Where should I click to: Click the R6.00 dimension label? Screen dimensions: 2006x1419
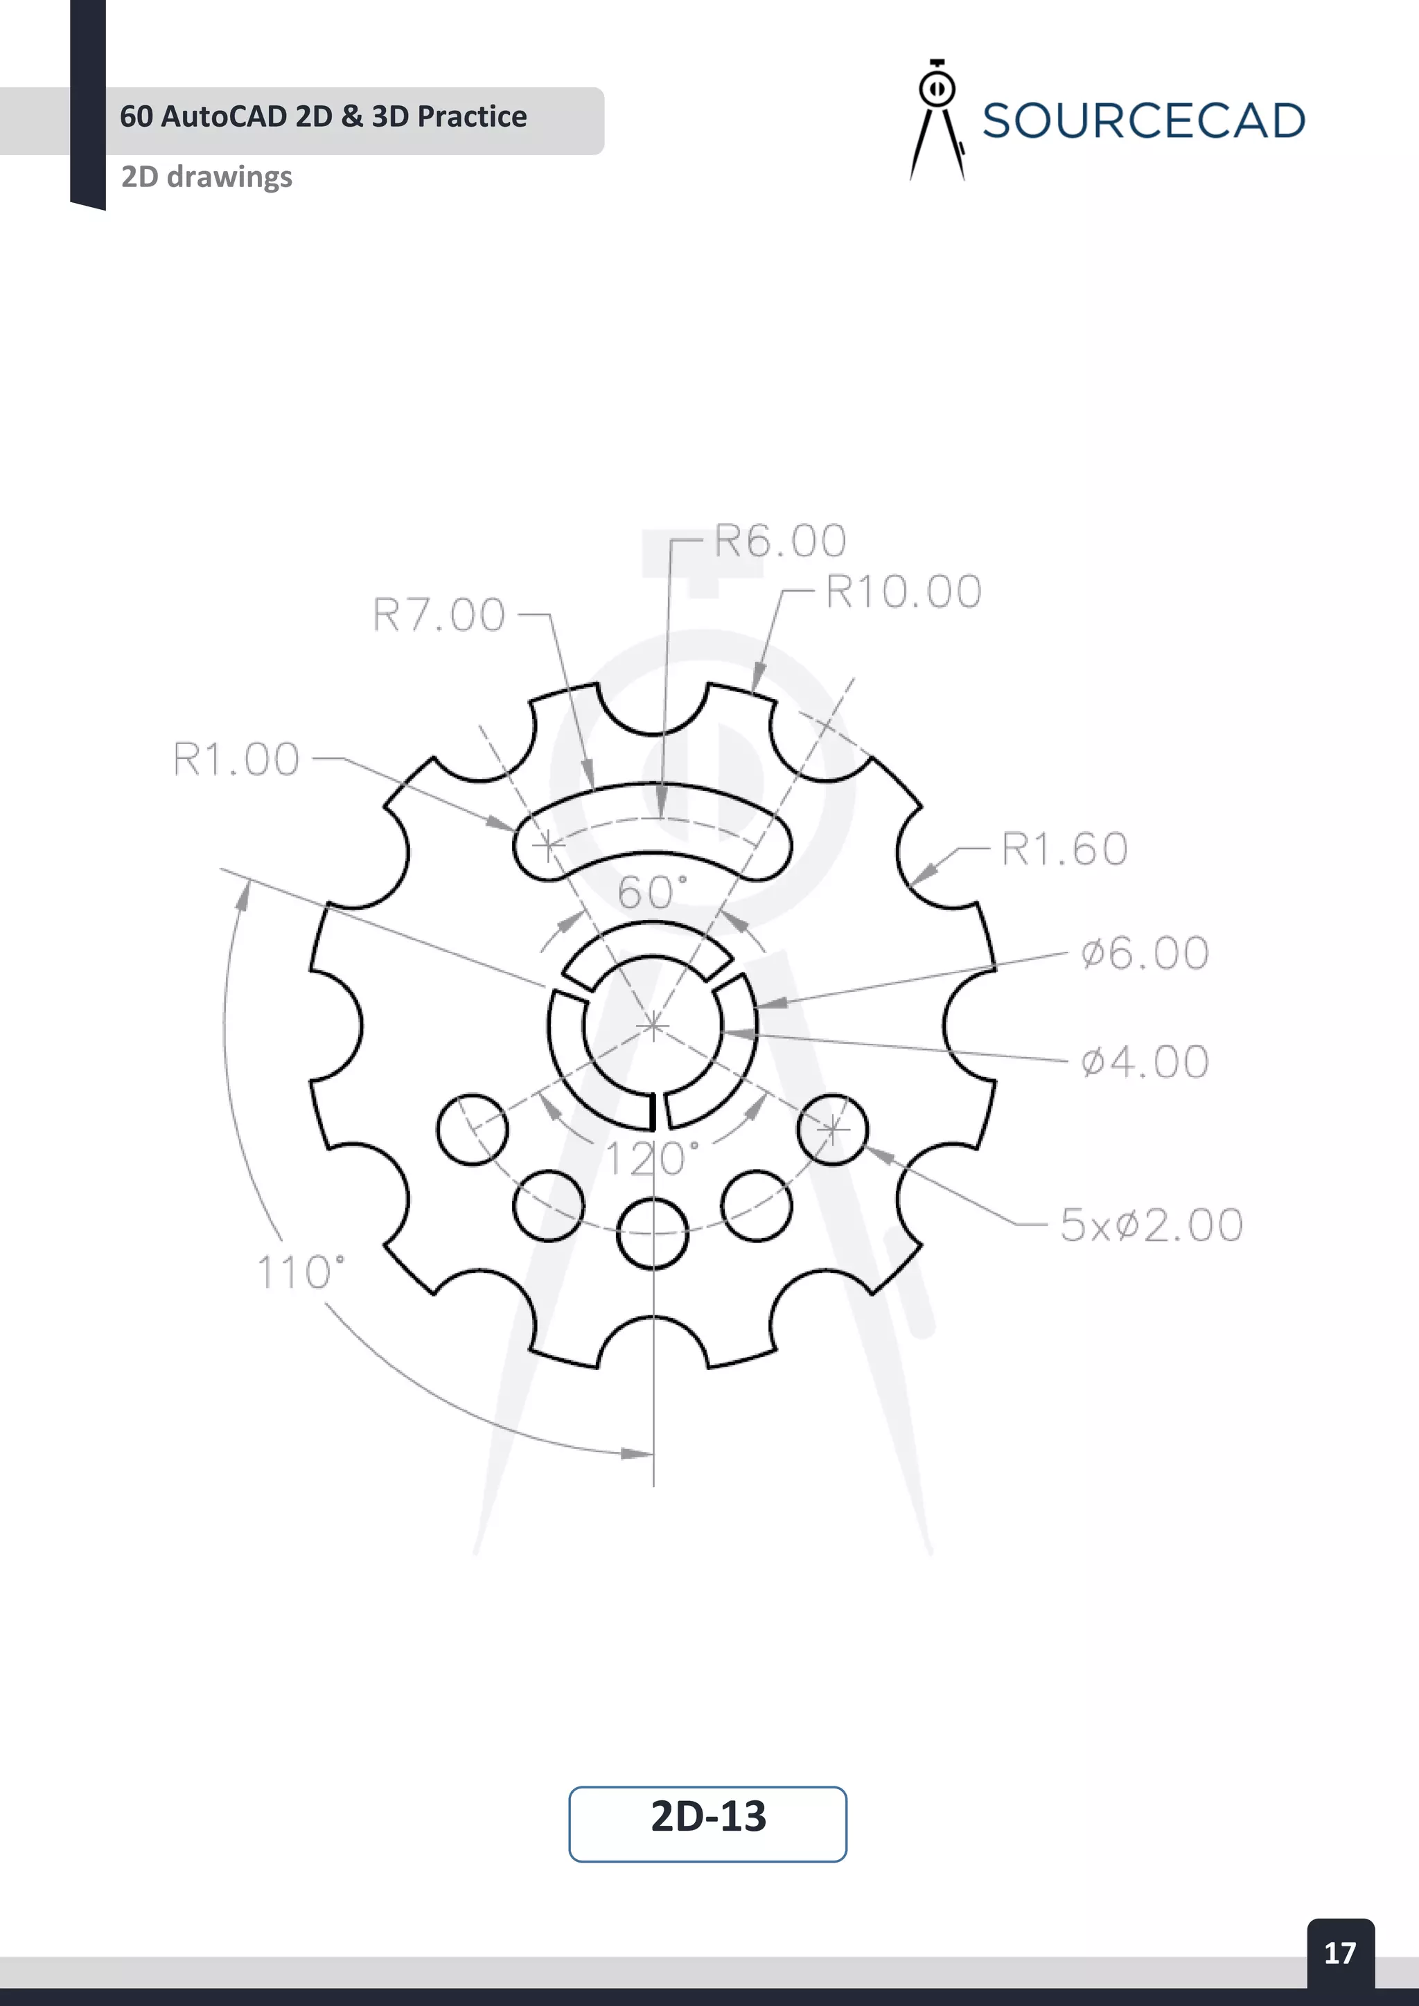pyautogui.click(x=779, y=541)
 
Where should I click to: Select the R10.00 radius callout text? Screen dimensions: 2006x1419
pyautogui.click(x=903, y=592)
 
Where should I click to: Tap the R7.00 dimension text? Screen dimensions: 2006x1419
pyautogui.click(x=439, y=614)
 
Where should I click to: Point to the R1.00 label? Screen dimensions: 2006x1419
pyautogui.click(x=236, y=759)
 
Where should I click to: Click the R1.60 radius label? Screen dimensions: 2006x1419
pyautogui.click(x=1064, y=849)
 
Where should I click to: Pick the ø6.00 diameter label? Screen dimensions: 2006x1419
pyautogui.click(x=1144, y=953)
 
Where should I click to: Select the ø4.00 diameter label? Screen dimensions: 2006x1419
pyautogui.click(x=1144, y=1063)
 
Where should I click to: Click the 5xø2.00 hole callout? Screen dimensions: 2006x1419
pyautogui.click(x=1151, y=1225)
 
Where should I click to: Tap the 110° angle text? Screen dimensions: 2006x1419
pyautogui.click(x=300, y=1273)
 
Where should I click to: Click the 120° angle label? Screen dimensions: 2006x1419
pyautogui.click(x=652, y=1160)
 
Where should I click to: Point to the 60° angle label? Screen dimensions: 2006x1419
pyautogui.click(x=652, y=893)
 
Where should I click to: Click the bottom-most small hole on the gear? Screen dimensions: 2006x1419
pyautogui.click(x=652, y=1233)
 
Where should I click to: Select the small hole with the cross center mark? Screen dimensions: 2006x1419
pyautogui.click(x=832, y=1130)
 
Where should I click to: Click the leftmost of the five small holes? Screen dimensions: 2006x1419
pyautogui.click(x=472, y=1129)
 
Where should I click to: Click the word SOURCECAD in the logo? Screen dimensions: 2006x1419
pyautogui.click(x=1143, y=121)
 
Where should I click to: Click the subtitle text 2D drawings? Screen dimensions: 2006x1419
pyautogui.click(x=206, y=177)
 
